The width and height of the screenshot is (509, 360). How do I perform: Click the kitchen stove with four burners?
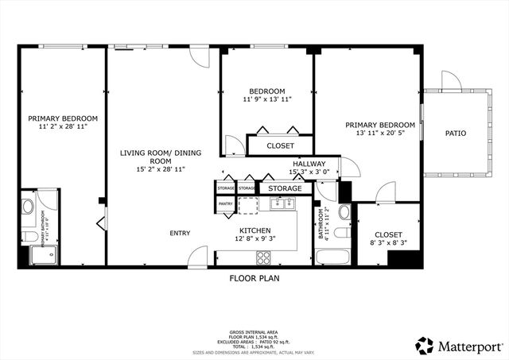[x=262, y=257]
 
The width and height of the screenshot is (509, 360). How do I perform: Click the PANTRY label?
[x=225, y=204]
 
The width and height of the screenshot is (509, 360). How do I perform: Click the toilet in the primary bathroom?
[x=28, y=209]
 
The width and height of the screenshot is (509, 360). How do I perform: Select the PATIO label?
[x=455, y=134]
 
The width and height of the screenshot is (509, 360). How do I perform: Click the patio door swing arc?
[x=451, y=80]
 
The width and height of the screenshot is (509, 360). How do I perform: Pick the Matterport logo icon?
[x=425, y=346]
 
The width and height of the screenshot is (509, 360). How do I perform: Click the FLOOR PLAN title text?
[x=254, y=279]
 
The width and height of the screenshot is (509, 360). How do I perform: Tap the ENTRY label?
[x=179, y=233]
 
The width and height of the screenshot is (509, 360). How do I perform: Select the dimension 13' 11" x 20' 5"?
[x=379, y=134]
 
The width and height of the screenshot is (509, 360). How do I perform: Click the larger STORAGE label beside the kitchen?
[x=284, y=188]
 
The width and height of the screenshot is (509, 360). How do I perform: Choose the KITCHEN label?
[x=254, y=230]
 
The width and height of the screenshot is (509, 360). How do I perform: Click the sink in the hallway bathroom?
[x=344, y=212]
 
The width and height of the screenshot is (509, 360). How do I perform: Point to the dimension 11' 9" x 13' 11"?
[x=267, y=99]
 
